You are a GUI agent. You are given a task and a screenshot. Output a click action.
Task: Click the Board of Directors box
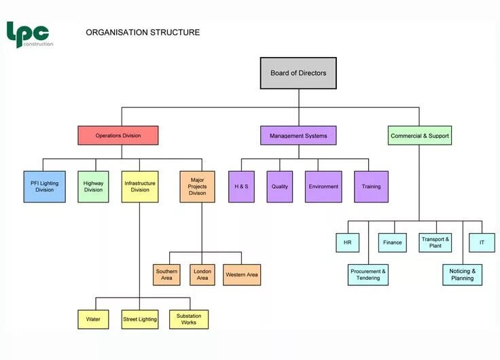click(298, 73)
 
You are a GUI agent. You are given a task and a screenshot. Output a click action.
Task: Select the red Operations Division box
click(118, 135)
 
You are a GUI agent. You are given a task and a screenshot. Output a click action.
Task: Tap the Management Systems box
click(298, 135)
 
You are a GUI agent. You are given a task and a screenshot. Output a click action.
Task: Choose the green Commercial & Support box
click(419, 135)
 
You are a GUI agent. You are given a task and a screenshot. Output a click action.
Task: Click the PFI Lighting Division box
click(45, 186)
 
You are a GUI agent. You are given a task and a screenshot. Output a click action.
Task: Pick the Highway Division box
click(93, 186)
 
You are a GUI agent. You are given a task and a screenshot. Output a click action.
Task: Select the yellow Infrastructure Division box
click(140, 186)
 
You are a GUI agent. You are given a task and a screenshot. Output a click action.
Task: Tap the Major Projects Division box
click(197, 186)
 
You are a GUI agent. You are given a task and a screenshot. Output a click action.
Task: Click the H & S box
click(241, 186)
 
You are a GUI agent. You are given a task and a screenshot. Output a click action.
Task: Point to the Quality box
click(280, 186)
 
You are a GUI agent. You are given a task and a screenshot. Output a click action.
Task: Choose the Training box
click(371, 186)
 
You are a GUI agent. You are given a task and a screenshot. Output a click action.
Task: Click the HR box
click(347, 242)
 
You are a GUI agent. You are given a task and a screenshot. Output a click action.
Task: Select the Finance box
click(392, 242)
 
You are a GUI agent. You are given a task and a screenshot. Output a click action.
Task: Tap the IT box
click(482, 242)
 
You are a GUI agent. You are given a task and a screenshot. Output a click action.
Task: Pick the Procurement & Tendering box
click(368, 274)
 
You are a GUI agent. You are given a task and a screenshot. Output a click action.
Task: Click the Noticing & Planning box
click(463, 274)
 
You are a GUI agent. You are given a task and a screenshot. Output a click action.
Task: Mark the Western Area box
click(242, 274)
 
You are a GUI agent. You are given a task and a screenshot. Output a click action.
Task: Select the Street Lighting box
click(140, 319)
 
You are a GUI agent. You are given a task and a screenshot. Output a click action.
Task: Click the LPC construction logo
click(29, 34)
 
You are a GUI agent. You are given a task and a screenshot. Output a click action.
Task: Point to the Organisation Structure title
click(143, 32)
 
